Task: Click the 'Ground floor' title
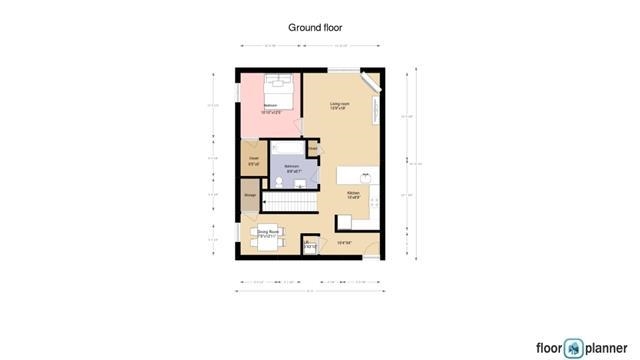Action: tap(315, 27)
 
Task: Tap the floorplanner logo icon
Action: tap(573, 347)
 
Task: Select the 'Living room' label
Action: tap(340, 103)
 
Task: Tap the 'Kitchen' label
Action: tap(353, 192)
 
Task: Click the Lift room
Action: tap(309, 245)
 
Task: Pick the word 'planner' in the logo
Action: tap(607, 347)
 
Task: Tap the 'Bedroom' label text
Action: tap(270, 104)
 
